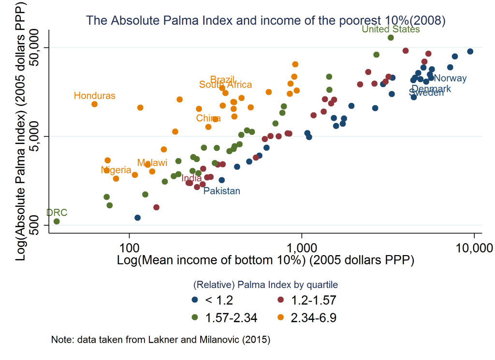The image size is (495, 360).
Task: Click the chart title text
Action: (x=265, y=20)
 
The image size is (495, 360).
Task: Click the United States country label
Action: (x=391, y=29)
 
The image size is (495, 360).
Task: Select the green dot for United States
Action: (x=391, y=38)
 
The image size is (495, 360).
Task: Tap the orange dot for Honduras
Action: (x=95, y=104)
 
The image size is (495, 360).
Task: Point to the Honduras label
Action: (x=95, y=96)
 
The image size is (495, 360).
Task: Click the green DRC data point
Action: (x=57, y=221)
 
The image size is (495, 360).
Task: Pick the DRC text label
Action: (x=57, y=213)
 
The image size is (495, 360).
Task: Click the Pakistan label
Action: (x=221, y=191)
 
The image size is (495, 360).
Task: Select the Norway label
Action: (x=451, y=78)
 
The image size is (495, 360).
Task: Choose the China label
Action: (x=208, y=118)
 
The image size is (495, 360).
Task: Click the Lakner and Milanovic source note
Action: (x=160, y=339)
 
